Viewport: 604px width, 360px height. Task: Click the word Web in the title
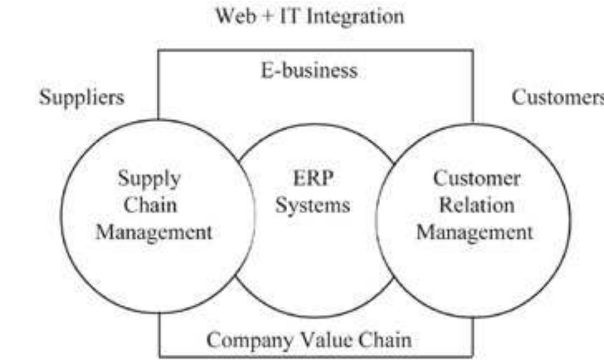tap(235, 16)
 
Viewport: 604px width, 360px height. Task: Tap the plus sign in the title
tap(268, 17)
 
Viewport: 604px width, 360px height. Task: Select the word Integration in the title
tap(356, 17)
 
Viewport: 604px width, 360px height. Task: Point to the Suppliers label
tap(82, 98)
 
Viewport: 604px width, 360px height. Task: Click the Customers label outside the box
tap(558, 97)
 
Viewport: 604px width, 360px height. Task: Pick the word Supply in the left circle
tap(149, 179)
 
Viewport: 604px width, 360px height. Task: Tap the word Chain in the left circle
tap(150, 205)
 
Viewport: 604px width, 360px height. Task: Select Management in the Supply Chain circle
tap(154, 233)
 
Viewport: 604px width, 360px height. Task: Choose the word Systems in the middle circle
tap(313, 206)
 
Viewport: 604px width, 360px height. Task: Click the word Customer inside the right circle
tap(477, 178)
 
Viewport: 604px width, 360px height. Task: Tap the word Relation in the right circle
tap(477, 205)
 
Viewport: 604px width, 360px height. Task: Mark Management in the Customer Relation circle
tap(475, 233)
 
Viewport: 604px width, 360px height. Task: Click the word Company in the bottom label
tap(250, 340)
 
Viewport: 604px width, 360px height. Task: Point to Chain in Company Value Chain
tap(385, 339)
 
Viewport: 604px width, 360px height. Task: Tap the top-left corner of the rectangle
tap(159, 51)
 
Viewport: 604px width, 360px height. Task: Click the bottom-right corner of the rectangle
tap(473, 357)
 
